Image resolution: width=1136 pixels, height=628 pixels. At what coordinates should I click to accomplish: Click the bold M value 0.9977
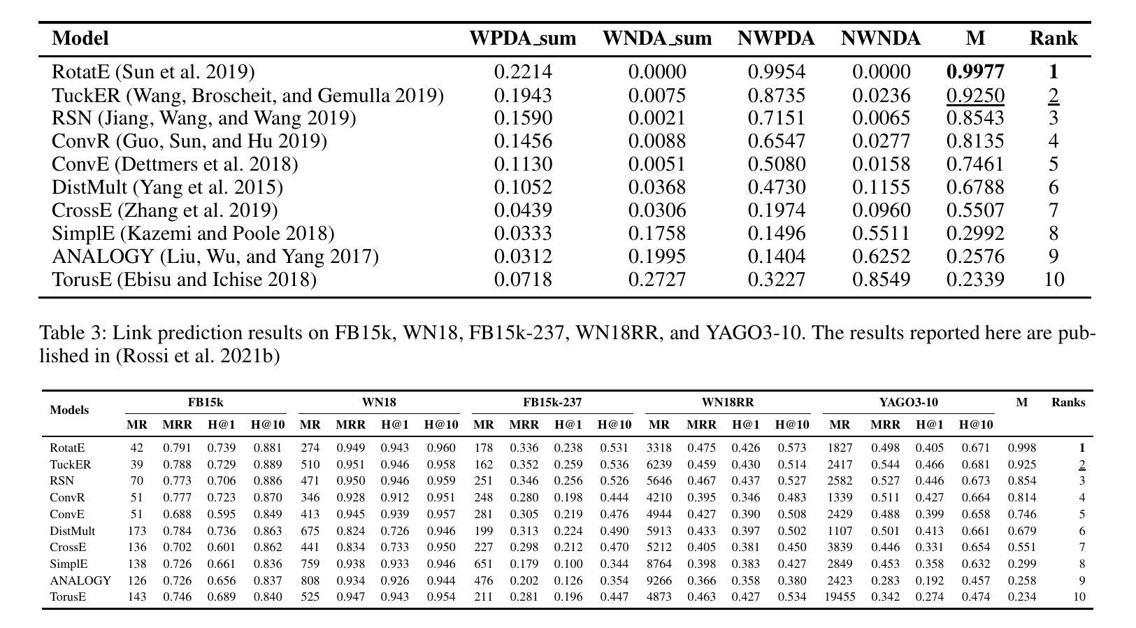[x=975, y=71]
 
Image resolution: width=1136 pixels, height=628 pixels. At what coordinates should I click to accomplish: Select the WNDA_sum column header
[x=656, y=38]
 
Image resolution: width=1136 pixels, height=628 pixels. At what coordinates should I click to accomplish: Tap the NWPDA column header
[x=776, y=38]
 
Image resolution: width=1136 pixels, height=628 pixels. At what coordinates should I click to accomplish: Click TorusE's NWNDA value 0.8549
[x=881, y=280]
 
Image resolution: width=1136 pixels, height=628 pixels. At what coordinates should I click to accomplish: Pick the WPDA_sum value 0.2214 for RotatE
[x=523, y=71]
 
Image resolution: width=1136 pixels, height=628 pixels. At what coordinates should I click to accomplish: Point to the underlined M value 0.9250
[x=975, y=95]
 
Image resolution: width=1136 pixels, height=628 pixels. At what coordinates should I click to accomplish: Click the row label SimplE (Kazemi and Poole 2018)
[x=193, y=234]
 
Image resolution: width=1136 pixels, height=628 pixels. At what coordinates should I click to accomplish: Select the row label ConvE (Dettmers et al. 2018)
[x=175, y=164]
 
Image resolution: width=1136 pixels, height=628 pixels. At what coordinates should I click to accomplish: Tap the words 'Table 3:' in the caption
[x=73, y=333]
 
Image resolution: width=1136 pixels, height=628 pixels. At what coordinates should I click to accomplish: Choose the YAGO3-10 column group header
[x=908, y=402]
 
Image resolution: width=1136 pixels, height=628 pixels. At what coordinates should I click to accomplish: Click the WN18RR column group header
[x=727, y=402]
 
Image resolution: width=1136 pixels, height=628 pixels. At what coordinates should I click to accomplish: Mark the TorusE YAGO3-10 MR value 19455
[x=840, y=597]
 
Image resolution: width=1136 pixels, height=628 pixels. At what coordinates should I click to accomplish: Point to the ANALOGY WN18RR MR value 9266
[x=659, y=580]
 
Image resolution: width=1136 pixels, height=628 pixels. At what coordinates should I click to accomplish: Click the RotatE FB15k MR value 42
[x=136, y=448]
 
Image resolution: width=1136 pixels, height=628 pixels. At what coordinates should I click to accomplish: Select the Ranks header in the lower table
[x=1068, y=402]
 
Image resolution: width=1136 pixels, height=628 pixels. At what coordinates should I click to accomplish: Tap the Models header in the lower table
[x=69, y=410]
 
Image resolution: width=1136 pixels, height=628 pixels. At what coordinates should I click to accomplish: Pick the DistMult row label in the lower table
[x=72, y=531]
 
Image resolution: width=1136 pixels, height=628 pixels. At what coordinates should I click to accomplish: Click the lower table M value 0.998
[x=1021, y=448]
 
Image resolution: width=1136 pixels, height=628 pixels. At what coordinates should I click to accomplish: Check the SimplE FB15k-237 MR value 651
[x=483, y=564]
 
